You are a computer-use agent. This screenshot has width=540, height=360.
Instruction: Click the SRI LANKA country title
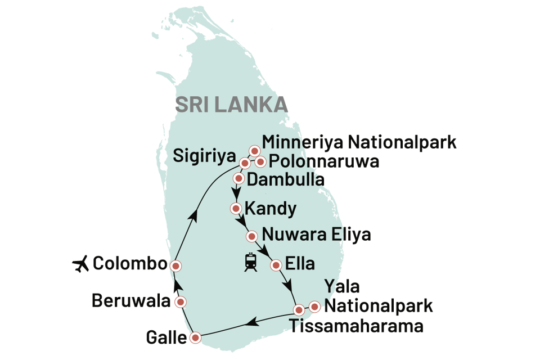(x=231, y=105)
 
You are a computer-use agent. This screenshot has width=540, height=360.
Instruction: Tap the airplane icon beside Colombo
(x=82, y=263)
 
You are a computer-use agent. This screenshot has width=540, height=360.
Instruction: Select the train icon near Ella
(x=250, y=263)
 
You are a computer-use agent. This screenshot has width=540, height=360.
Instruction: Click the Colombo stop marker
(x=176, y=265)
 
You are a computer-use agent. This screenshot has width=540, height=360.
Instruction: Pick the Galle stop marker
(x=195, y=338)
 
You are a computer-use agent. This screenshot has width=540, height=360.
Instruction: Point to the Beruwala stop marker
(x=180, y=303)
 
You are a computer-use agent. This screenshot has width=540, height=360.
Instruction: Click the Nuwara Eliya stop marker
(x=251, y=236)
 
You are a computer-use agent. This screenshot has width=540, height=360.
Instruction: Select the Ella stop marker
(x=276, y=264)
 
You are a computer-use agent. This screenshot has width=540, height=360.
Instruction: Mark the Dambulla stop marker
(x=238, y=179)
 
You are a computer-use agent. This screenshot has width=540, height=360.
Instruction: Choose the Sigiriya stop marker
(x=245, y=163)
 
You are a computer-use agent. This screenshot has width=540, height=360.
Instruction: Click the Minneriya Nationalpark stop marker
(x=254, y=151)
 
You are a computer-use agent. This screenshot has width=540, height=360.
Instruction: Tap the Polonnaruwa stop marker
(x=260, y=162)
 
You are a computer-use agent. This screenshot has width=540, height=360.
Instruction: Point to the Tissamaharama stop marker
(x=299, y=309)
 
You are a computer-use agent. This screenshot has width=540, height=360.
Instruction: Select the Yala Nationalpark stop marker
(x=315, y=307)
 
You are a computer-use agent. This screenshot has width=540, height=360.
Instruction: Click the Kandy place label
(x=272, y=209)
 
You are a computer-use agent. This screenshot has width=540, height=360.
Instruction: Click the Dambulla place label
(x=286, y=180)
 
